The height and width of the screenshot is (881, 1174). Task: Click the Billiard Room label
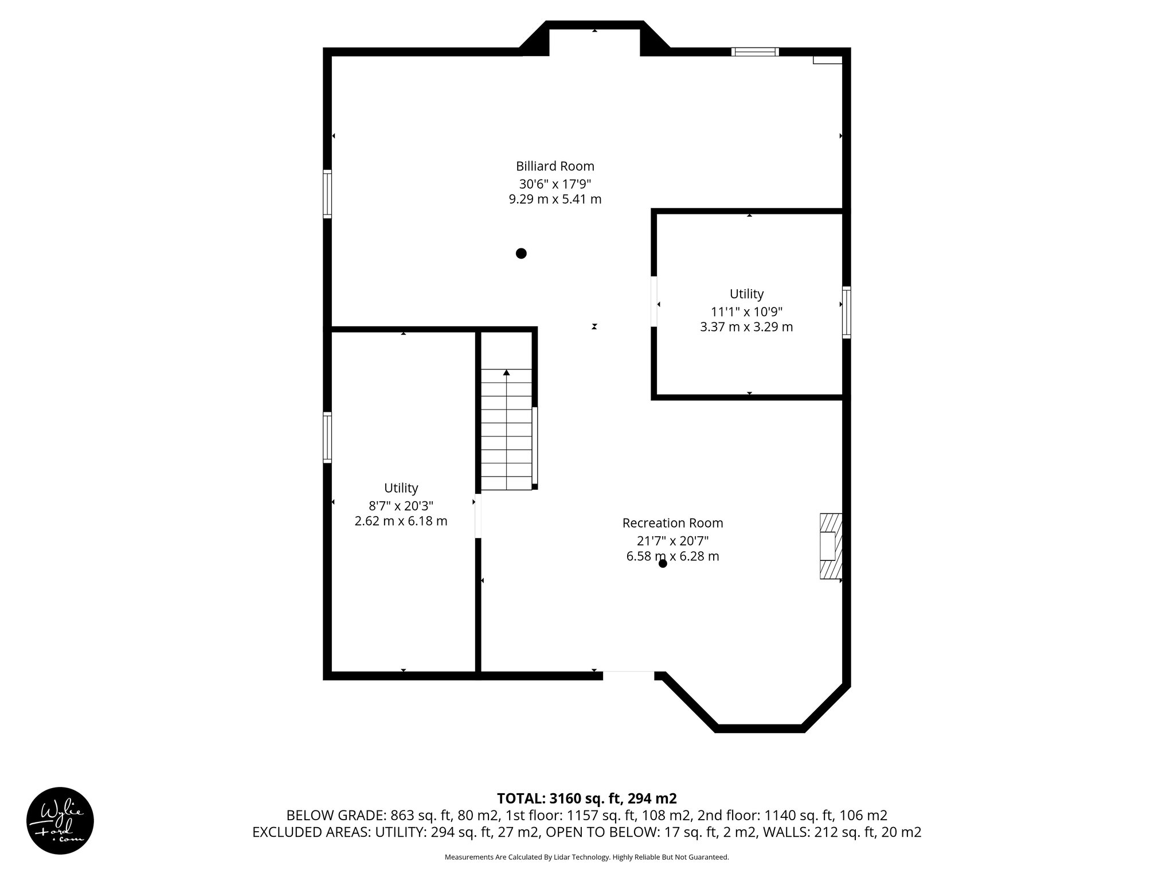click(x=555, y=166)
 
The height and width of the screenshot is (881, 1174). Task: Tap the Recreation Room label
click(x=672, y=523)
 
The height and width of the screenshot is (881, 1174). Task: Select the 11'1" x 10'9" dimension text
click(x=746, y=312)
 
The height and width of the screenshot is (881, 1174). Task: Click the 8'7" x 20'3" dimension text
click(x=401, y=506)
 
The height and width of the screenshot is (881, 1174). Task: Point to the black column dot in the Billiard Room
click(x=521, y=253)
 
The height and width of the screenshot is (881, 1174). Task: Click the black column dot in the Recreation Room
click(x=663, y=563)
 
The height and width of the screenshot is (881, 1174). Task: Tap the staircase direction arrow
click(x=506, y=373)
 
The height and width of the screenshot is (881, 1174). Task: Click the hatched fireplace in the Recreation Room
click(x=831, y=545)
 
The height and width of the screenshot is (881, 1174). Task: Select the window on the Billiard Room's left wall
click(x=327, y=194)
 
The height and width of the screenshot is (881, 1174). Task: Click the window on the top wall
click(x=755, y=52)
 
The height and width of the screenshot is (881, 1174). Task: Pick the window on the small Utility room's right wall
click(x=846, y=312)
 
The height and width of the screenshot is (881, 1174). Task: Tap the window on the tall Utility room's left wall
click(x=327, y=437)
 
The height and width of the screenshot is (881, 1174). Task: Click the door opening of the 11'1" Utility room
click(x=654, y=302)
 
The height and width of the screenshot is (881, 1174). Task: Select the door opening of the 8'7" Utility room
click(x=478, y=516)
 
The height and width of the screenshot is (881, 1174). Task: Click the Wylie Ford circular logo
click(x=60, y=820)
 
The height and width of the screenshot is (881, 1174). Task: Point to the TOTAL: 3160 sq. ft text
click(x=586, y=798)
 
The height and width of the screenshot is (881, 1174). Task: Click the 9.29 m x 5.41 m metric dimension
click(x=555, y=200)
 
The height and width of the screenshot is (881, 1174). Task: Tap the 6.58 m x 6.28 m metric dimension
click(x=672, y=556)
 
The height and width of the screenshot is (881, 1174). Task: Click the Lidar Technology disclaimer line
click(x=586, y=857)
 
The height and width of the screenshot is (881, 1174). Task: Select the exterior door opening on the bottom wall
click(x=628, y=676)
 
